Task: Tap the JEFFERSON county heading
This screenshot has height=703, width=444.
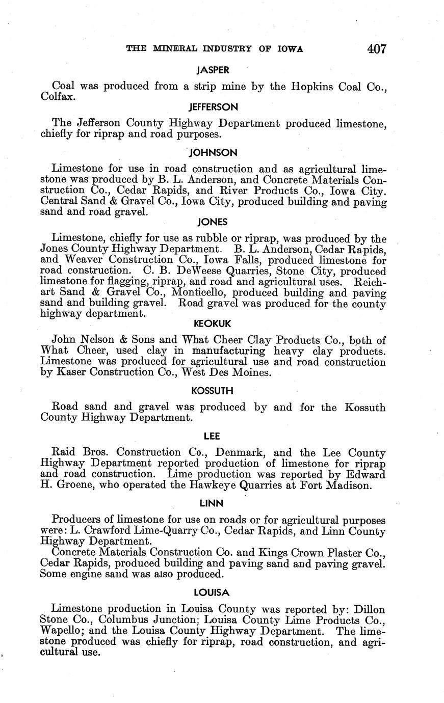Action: coord(213,107)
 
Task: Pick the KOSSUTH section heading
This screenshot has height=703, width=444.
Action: coord(213,391)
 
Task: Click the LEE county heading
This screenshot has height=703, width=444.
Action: coord(213,436)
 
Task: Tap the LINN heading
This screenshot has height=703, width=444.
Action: coord(213,503)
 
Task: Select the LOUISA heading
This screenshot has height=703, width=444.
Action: coord(213,593)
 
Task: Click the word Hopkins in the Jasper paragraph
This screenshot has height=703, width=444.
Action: coord(310,87)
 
